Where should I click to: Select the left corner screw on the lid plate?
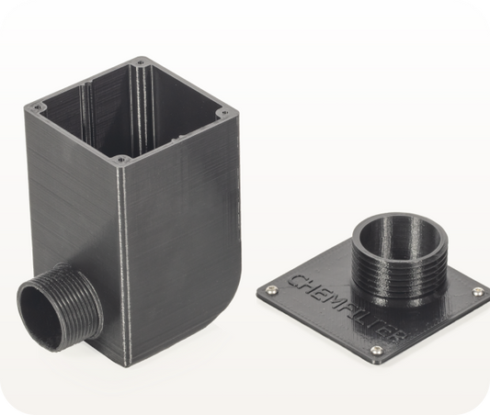[270, 290]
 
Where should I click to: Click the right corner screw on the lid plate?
[477, 292]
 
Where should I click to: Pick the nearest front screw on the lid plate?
[376, 350]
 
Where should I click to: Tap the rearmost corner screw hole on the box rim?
[140, 62]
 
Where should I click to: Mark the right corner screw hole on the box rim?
[222, 114]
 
